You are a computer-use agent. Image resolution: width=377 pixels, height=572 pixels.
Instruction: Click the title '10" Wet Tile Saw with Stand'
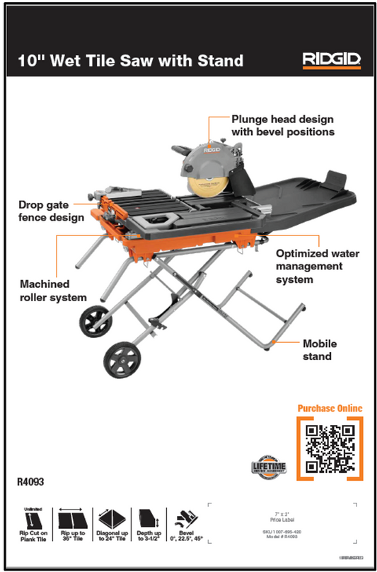point(131,61)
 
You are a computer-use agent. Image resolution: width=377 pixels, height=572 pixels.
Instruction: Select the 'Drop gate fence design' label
point(45,211)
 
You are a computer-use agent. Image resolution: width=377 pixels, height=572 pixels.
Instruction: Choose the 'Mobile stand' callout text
point(320,350)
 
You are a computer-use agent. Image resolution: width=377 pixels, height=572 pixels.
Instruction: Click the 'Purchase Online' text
point(330,408)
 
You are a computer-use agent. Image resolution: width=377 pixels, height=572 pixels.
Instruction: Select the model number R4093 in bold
point(30,483)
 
